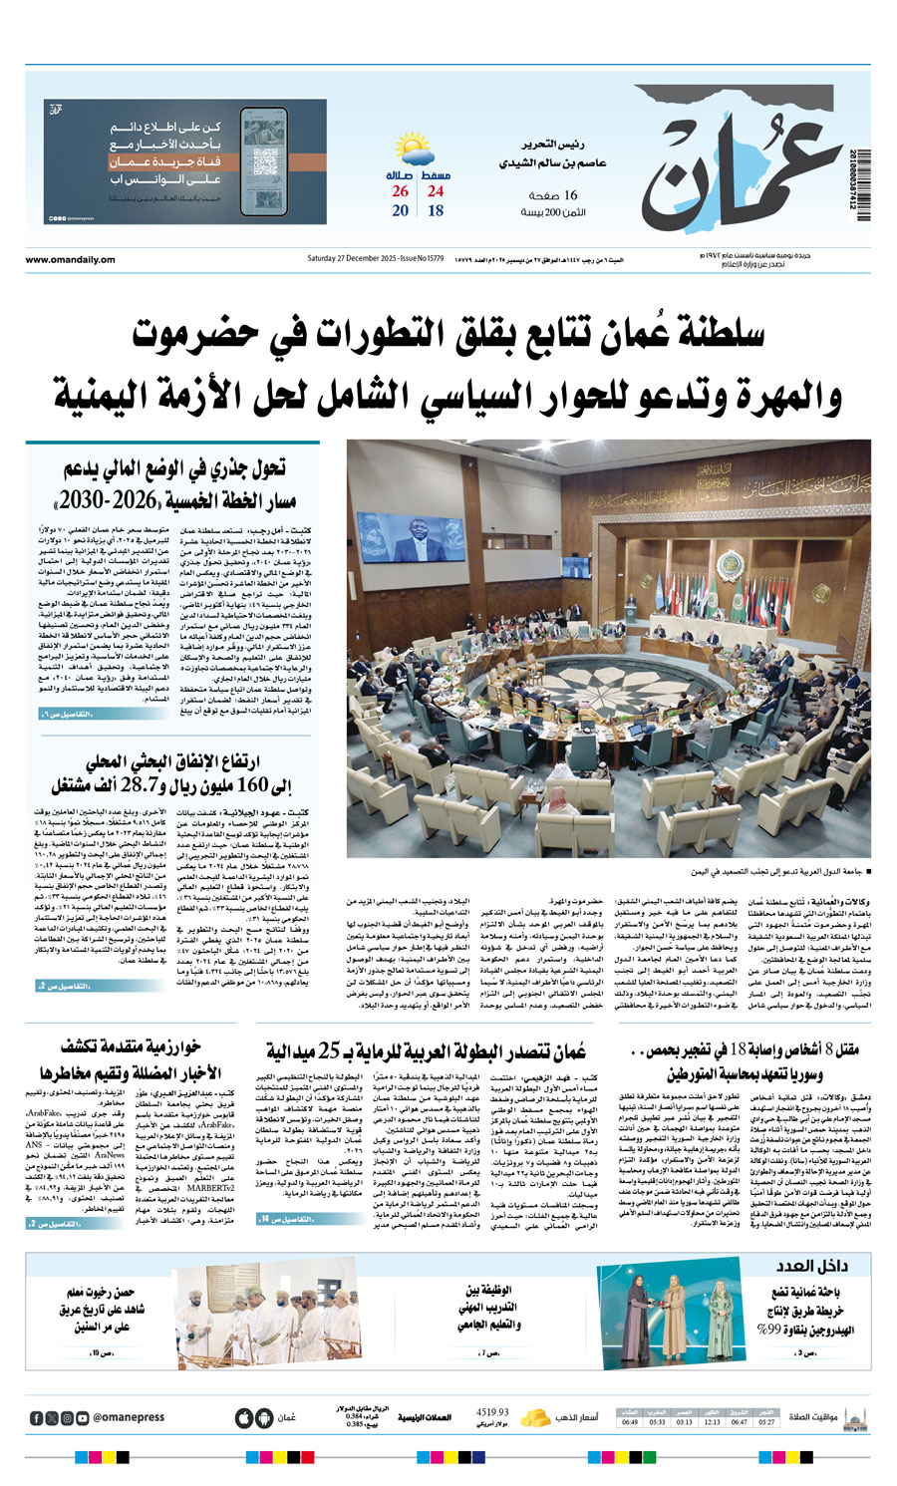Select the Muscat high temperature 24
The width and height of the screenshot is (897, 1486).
coord(436,191)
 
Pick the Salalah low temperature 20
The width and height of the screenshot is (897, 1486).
coord(401,211)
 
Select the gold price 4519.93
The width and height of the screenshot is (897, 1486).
coord(492,1411)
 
